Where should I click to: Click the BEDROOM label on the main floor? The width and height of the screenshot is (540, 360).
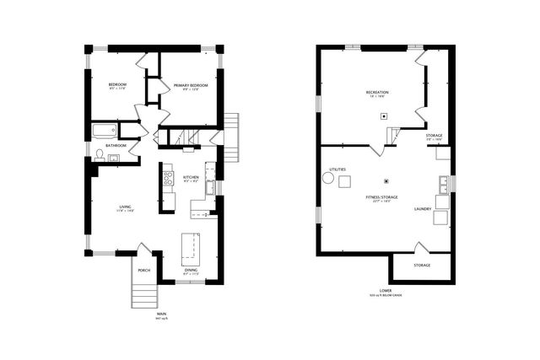click(x=116, y=85)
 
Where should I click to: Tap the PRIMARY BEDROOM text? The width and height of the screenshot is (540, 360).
click(x=190, y=85)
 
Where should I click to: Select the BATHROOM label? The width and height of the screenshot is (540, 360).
click(x=116, y=145)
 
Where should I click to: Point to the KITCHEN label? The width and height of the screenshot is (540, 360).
click(x=192, y=177)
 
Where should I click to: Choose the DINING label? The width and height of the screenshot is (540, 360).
click(x=191, y=270)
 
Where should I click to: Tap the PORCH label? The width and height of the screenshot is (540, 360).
click(x=143, y=270)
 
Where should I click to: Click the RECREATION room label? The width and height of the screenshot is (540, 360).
click(x=376, y=92)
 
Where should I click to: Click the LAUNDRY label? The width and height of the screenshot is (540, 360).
click(x=424, y=207)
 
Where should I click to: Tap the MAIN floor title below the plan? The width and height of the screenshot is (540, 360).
click(x=161, y=314)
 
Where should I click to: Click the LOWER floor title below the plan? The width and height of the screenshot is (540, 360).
click(x=386, y=291)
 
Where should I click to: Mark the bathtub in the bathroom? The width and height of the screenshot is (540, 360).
click(x=105, y=131)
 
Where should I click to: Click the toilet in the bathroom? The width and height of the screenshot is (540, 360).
click(x=100, y=154)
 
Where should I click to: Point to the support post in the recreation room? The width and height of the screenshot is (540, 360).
click(x=384, y=116)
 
